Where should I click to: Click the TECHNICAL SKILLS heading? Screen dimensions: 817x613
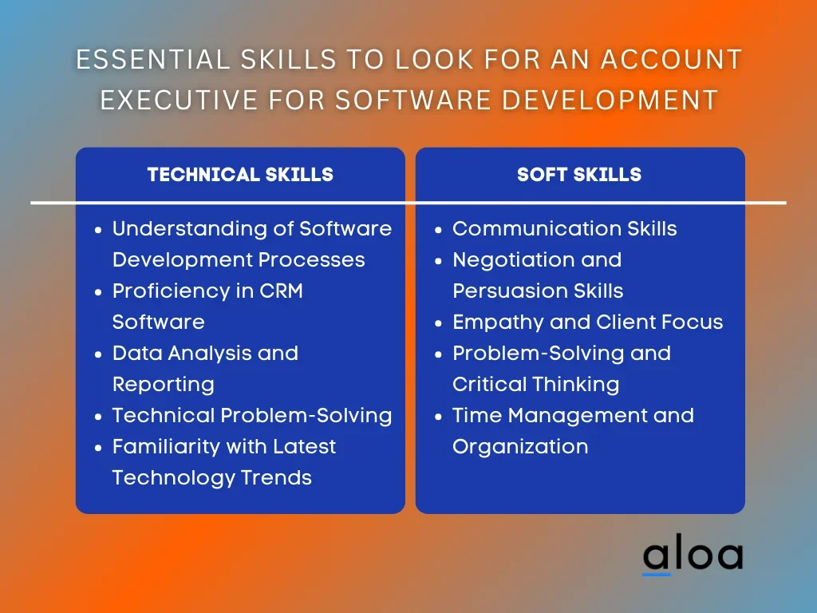pyautogui.click(x=240, y=175)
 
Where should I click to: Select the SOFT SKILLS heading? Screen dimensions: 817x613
pyautogui.click(x=579, y=175)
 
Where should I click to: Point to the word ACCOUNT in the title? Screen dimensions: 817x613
pyautogui.click(x=672, y=59)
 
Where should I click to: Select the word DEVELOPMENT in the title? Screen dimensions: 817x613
pyautogui.click(x=610, y=100)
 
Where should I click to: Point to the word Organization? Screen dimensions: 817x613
pyautogui.click(x=520, y=447)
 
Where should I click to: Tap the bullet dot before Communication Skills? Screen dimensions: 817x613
pyautogui.click(x=438, y=230)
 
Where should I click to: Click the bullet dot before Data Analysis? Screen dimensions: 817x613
pyautogui.click(x=98, y=354)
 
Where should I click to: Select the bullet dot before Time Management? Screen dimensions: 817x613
pyautogui.click(x=438, y=417)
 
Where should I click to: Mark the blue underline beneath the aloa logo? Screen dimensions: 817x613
pyautogui.click(x=657, y=575)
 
